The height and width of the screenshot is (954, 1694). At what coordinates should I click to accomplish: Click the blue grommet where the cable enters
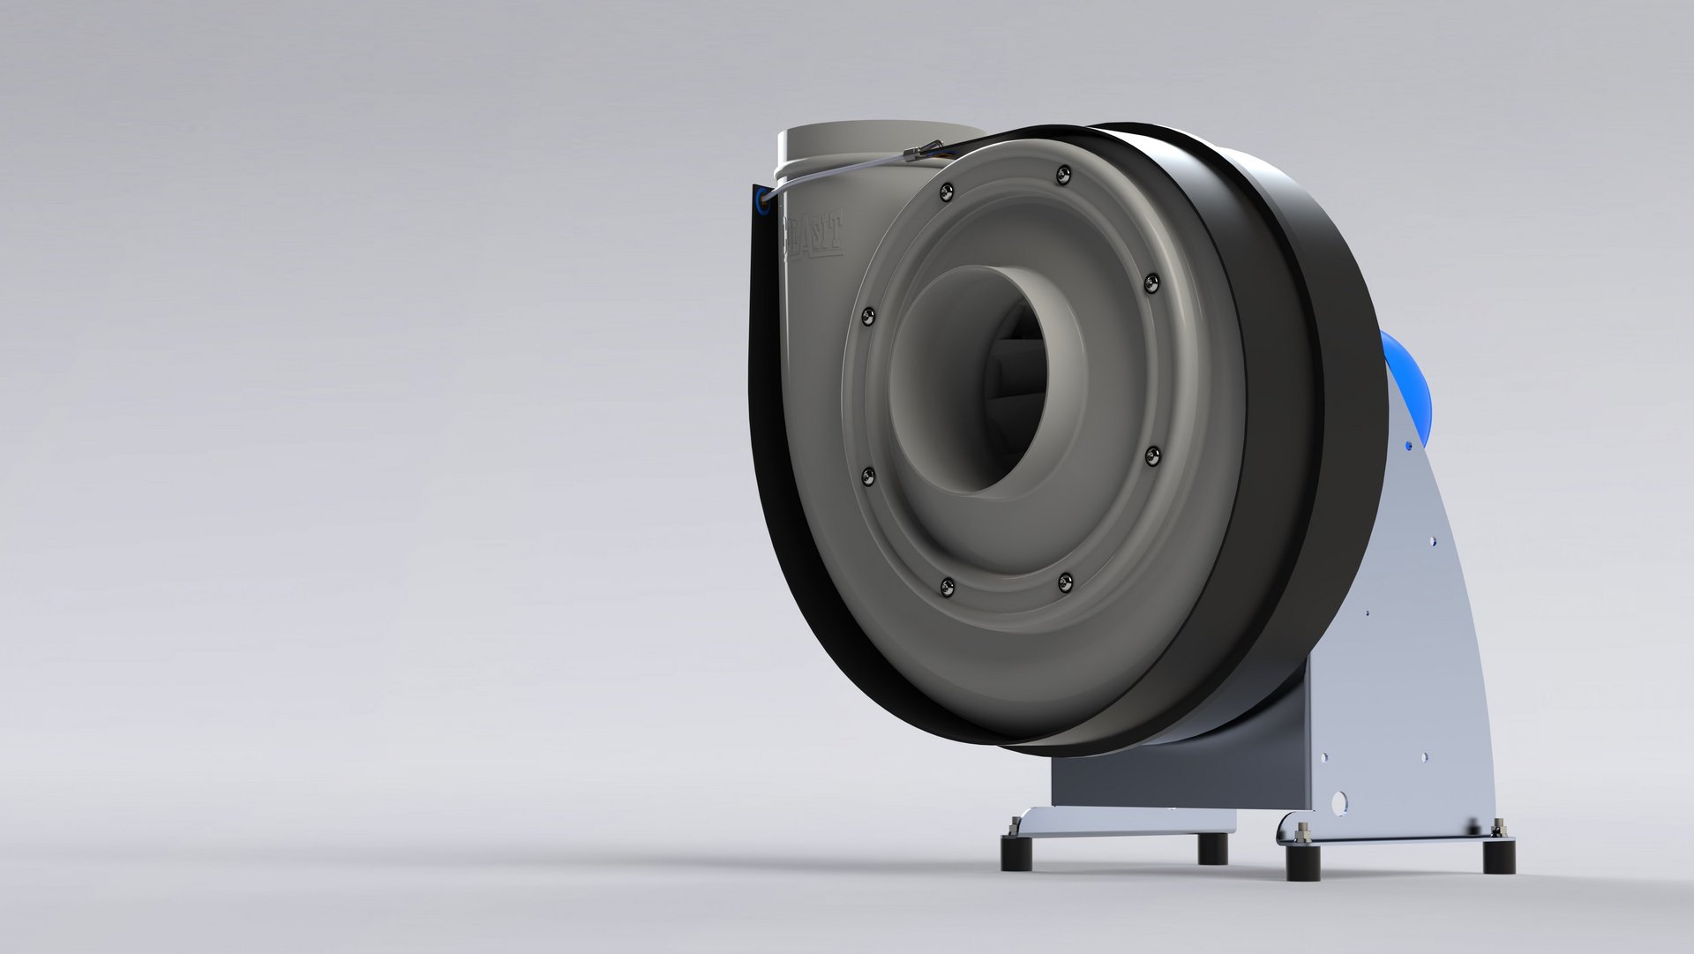point(761,202)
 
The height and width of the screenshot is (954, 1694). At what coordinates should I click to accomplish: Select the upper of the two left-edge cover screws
point(868,316)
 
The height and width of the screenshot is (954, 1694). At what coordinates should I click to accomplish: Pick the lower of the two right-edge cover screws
point(1152,455)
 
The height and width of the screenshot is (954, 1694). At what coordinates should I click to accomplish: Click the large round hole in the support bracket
point(1339,801)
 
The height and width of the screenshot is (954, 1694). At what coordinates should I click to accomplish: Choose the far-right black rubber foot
point(1499,855)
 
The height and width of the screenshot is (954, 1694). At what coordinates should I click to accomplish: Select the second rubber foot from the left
point(1212,848)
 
